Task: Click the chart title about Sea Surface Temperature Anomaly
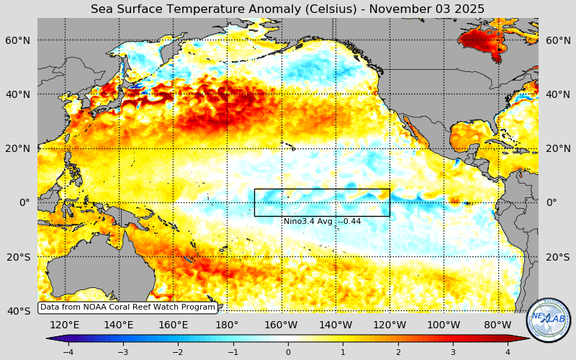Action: pos(287,9)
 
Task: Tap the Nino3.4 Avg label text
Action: pos(322,221)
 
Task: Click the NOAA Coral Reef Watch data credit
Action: pos(127,307)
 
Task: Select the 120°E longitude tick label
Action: pos(64,325)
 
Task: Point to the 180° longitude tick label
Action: pos(227,325)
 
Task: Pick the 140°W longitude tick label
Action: pos(336,325)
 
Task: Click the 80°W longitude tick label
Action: pos(498,325)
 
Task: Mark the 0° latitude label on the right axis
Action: pos(552,202)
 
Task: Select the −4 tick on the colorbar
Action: pos(68,352)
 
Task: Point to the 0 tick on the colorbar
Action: pos(288,352)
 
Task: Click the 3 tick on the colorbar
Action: pos(453,352)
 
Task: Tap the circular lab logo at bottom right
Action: pos(548,320)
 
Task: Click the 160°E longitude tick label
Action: pos(173,325)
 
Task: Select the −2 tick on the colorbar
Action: pos(178,352)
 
